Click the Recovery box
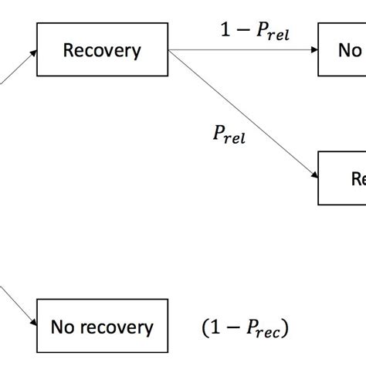click(102, 51)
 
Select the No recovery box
click(102, 327)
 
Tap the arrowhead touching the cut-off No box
click(313, 51)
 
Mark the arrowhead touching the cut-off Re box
click(313, 175)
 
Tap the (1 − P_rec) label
click(246, 328)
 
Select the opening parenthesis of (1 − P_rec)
click(206, 328)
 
